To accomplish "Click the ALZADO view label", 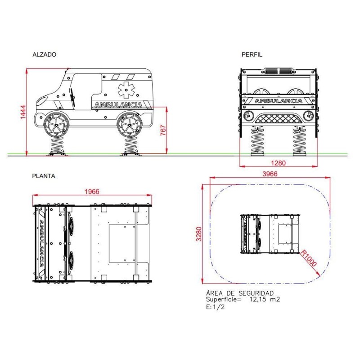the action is (44, 54).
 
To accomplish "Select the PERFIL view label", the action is (252, 54).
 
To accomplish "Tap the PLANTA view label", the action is (44, 176).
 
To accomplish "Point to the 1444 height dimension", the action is (23, 112).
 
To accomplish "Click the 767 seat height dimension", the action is (163, 130).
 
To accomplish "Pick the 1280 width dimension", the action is (278, 163).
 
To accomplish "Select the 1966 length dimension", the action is (92, 192).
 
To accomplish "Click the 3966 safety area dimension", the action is (270, 174).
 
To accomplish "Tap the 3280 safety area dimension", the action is (199, 234).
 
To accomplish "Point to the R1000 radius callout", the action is (309, 258).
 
